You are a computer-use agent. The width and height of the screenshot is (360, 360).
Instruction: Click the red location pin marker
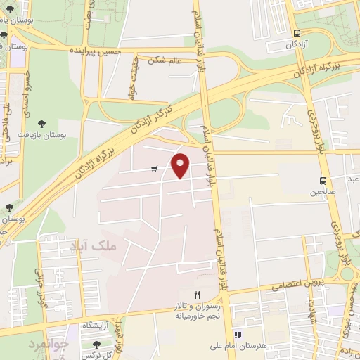pos(181,165)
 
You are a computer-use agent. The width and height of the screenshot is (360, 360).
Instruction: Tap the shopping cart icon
pos(153,169)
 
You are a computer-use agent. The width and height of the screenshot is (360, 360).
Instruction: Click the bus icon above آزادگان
pos(297,33)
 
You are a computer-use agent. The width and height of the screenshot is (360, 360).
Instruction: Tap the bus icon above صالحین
pos(323,180)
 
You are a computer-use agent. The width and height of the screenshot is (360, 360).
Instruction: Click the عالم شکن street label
pos(165,61)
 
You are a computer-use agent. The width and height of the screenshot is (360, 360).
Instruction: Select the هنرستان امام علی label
pos(238,347)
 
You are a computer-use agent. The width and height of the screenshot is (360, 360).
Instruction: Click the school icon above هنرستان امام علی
pos(238,335)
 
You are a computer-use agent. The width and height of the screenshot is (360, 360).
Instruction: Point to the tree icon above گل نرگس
pos(97,345)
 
